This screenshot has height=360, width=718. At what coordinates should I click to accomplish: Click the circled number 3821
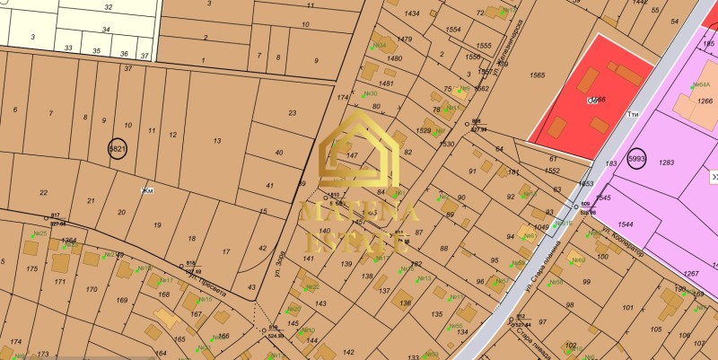click(117, 149)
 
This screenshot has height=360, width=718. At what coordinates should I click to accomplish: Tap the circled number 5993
click(637, 159)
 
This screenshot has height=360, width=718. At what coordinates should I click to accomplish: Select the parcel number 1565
click(538, 76)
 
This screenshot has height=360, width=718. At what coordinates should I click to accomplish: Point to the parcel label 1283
click(665, 162)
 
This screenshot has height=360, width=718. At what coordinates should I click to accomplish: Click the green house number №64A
click(700, 84)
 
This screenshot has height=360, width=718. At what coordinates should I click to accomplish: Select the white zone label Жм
click(147, 191)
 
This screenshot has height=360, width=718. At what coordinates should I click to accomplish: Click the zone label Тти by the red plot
click(633, 114)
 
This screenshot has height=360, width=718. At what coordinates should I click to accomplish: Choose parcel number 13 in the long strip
click(216, 141)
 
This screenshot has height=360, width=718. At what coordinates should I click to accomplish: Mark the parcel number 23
click(292, 113)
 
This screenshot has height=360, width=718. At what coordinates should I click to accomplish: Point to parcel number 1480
click(394, 58)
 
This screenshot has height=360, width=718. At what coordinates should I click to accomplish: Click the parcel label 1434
click(412, 14)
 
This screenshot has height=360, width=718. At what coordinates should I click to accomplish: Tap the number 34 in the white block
click(106, 30)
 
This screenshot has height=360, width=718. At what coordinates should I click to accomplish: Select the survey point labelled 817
click(55, 215)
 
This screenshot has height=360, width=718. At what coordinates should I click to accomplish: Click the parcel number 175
click(32, 268)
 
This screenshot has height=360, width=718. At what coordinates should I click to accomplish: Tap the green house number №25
click(39, 234)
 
